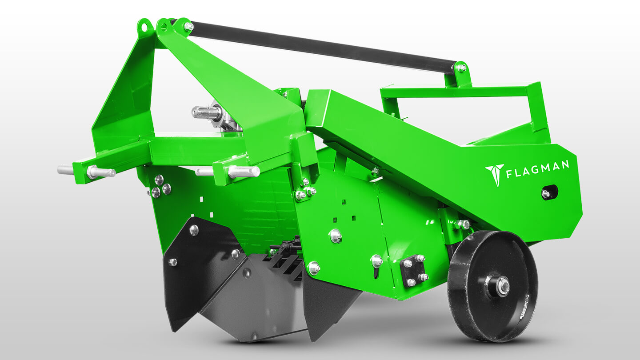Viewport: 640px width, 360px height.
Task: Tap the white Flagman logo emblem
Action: tap(495, 175)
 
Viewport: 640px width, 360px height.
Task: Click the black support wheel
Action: tap(492, 286)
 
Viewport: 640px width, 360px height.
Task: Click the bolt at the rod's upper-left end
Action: tap(189, 27)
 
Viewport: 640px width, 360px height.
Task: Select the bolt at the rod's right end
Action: tap(460, 68)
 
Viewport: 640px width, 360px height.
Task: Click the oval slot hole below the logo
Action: tap(549, 192)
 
